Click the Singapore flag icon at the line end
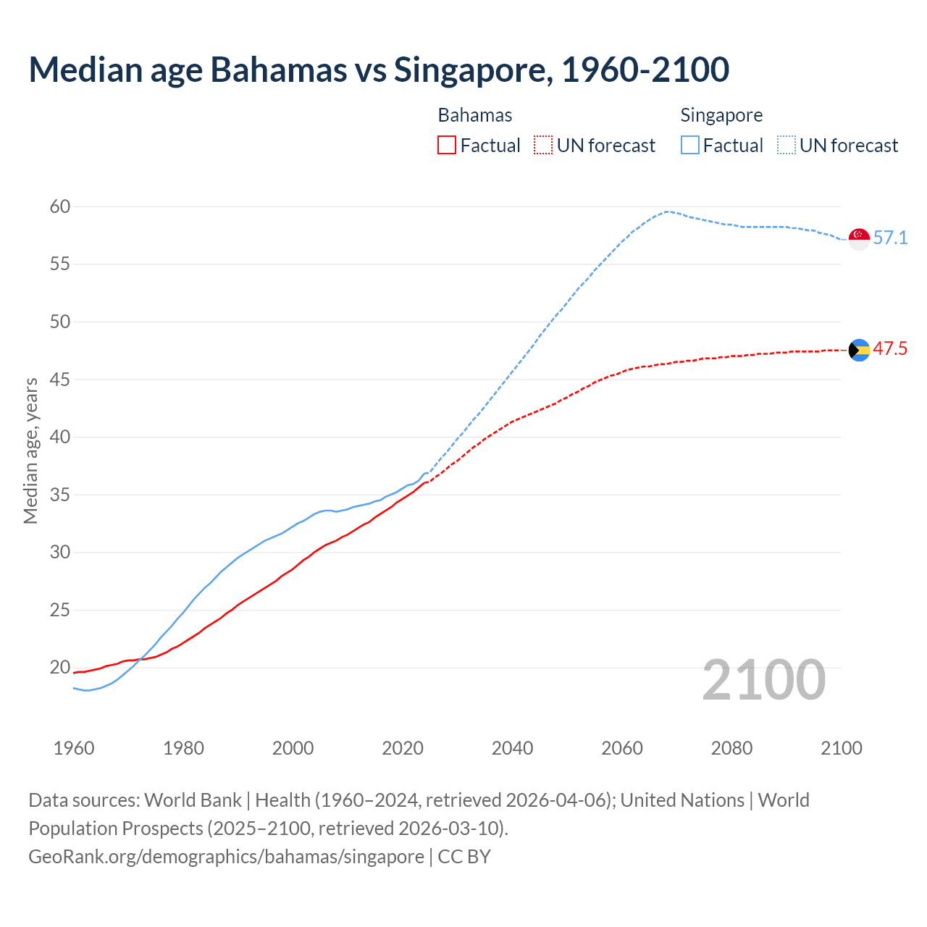click(x=859, y=238)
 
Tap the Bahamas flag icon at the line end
click(x=859, y=350)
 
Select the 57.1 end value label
click(x=890, y=238)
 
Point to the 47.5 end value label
click(x=890, y=349)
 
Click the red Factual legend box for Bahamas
click(x=447, y=146)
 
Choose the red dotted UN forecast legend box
click(x=543, y=146)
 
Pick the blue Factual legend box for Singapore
click(x=690, y=146)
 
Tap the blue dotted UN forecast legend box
click(x=787, y=146)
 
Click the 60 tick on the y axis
click(x=60, y=207)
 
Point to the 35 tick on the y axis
click(x=60, y=495)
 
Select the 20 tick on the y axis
click(x=60, y=668)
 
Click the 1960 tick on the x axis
click(x=74, y=748)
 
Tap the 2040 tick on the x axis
click(x=512, y=748)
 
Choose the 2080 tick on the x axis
click(x=731, y=748)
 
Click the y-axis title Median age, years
click(x=30, y=450)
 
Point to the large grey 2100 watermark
click(x=764, y=679)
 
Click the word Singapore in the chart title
click(x=470, y=70)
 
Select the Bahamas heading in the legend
click(x=475, y=115)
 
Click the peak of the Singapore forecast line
click(x=666, y=211)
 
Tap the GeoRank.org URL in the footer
click(x=226, y=857)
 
